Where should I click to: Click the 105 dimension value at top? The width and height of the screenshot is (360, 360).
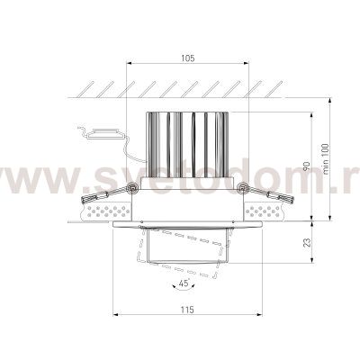(187, 58)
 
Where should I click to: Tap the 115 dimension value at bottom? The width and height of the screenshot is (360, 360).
(187, 310)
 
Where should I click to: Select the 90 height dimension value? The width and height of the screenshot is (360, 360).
(307, 167)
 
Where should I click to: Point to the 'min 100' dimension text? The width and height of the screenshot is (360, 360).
(326, 159)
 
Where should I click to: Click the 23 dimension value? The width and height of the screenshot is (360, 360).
(307, 242)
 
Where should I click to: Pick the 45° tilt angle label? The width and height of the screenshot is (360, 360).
(184, 283)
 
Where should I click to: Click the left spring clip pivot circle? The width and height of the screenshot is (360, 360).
(131, 188)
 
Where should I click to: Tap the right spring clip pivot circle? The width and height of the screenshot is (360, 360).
(242, 188)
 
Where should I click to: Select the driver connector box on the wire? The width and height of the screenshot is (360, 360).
(105, 134)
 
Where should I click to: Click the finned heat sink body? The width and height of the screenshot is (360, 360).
(187, 145)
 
